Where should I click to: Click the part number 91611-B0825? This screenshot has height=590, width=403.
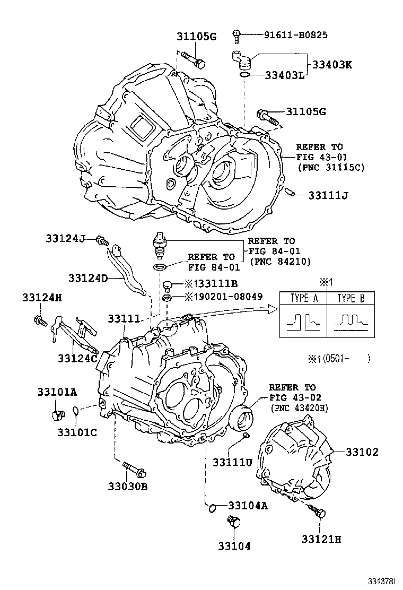[x=295, y=36]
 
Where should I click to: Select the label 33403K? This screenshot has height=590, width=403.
[x=332, y=65]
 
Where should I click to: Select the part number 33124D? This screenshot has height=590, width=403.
[x=87, y=277]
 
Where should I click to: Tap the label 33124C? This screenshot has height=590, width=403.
[x=77, y=359]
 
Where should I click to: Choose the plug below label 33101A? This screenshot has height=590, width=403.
[x=58, y=414]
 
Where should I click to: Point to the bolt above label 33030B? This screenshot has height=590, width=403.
[x=133, y=468]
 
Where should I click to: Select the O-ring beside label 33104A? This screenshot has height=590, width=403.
[x=212, y=507]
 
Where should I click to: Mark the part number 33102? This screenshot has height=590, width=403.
[x=363, y=452]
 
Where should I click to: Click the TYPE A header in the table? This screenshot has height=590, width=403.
[x=304, y=298]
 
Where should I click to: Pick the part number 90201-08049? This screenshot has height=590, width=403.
[x=234, y=297]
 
